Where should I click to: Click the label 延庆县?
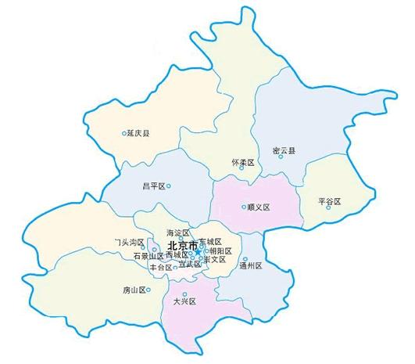[139, 133]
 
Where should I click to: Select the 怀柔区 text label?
[243, 161]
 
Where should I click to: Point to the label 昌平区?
[153, 186]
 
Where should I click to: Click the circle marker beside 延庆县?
[124, 133]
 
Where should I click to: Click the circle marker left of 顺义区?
[243, 207]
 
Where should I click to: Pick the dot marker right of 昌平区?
[169, 186]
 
